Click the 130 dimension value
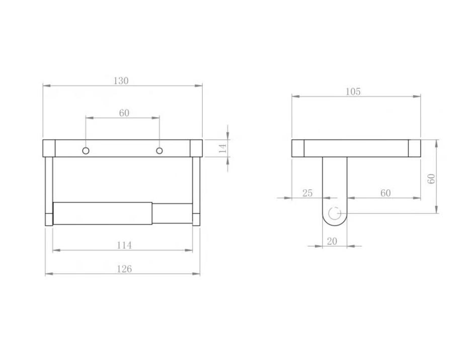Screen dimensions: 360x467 point(122,81)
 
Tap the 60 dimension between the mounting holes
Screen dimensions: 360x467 point(124,113)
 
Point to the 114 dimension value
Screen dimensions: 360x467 point(124,245)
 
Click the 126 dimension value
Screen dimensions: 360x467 point(124,269)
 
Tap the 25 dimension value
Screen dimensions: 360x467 point(307,193)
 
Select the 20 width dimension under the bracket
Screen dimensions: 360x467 point(332,241)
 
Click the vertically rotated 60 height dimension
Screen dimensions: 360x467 point(431,178)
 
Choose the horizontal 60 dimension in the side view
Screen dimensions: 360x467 point(385,193)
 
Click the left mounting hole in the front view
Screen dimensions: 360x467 point(86,151)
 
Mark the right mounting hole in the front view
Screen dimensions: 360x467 point(160,151)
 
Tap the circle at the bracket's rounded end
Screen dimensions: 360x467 point(334,213)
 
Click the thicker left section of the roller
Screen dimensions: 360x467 point(102,213)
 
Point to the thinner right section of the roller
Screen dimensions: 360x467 point(172,213)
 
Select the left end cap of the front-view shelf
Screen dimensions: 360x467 point(49,148)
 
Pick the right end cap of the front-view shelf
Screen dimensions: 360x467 point(196,148)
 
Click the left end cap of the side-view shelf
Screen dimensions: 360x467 point(298,148)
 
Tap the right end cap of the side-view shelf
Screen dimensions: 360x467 point(414,148)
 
